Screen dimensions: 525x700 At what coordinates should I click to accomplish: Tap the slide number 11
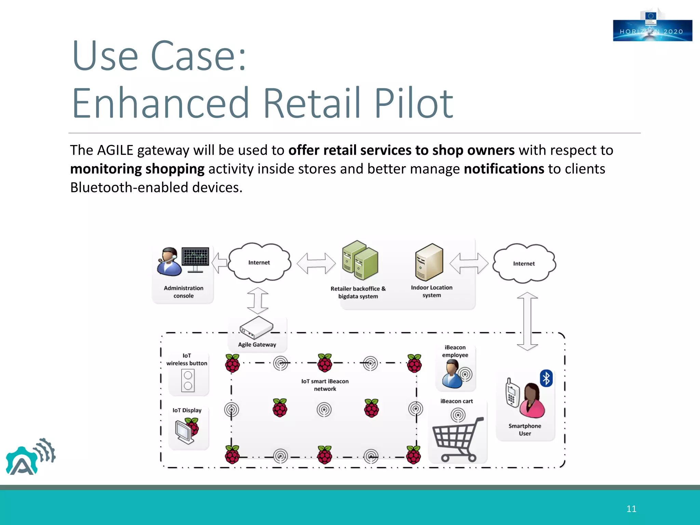coord(631,509)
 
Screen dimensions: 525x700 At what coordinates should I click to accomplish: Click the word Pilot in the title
coord(414,103)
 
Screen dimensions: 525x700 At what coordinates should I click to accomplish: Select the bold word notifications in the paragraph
coord(504,169)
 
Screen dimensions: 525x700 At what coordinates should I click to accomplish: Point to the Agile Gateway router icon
coord(256,327)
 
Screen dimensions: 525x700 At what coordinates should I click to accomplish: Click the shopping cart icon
coord(457,439)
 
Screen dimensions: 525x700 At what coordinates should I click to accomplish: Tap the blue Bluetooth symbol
coord(546,378)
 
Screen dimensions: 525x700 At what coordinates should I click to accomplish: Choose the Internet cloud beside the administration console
coord(259,262)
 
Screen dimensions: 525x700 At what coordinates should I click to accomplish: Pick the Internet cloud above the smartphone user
coord(524,263)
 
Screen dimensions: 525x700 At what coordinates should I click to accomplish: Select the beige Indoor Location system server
coord(429,262)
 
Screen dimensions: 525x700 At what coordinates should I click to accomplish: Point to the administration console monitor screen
coord(195,256)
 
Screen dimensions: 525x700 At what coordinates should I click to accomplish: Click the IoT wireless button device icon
coord(188,381)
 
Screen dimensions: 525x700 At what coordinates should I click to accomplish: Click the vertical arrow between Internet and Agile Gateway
coord(258,300)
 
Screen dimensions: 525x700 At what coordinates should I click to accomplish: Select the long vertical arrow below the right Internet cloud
coord(527,321)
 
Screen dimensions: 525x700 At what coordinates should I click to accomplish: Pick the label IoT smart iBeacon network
coord(325,385)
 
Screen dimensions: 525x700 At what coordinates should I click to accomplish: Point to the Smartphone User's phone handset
coord(512,393)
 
